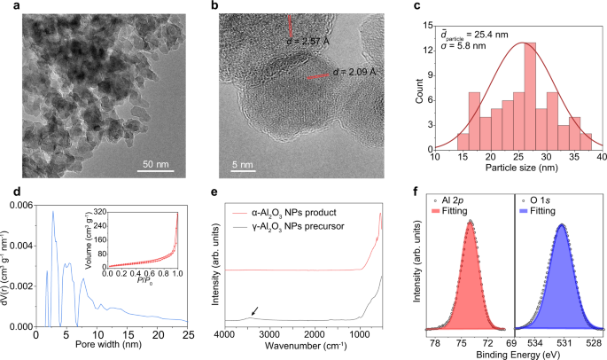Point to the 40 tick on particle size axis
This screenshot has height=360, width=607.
coord(601,157)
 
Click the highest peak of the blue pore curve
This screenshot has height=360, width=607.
coord(53,211)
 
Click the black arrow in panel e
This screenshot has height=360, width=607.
coord(256,310)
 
